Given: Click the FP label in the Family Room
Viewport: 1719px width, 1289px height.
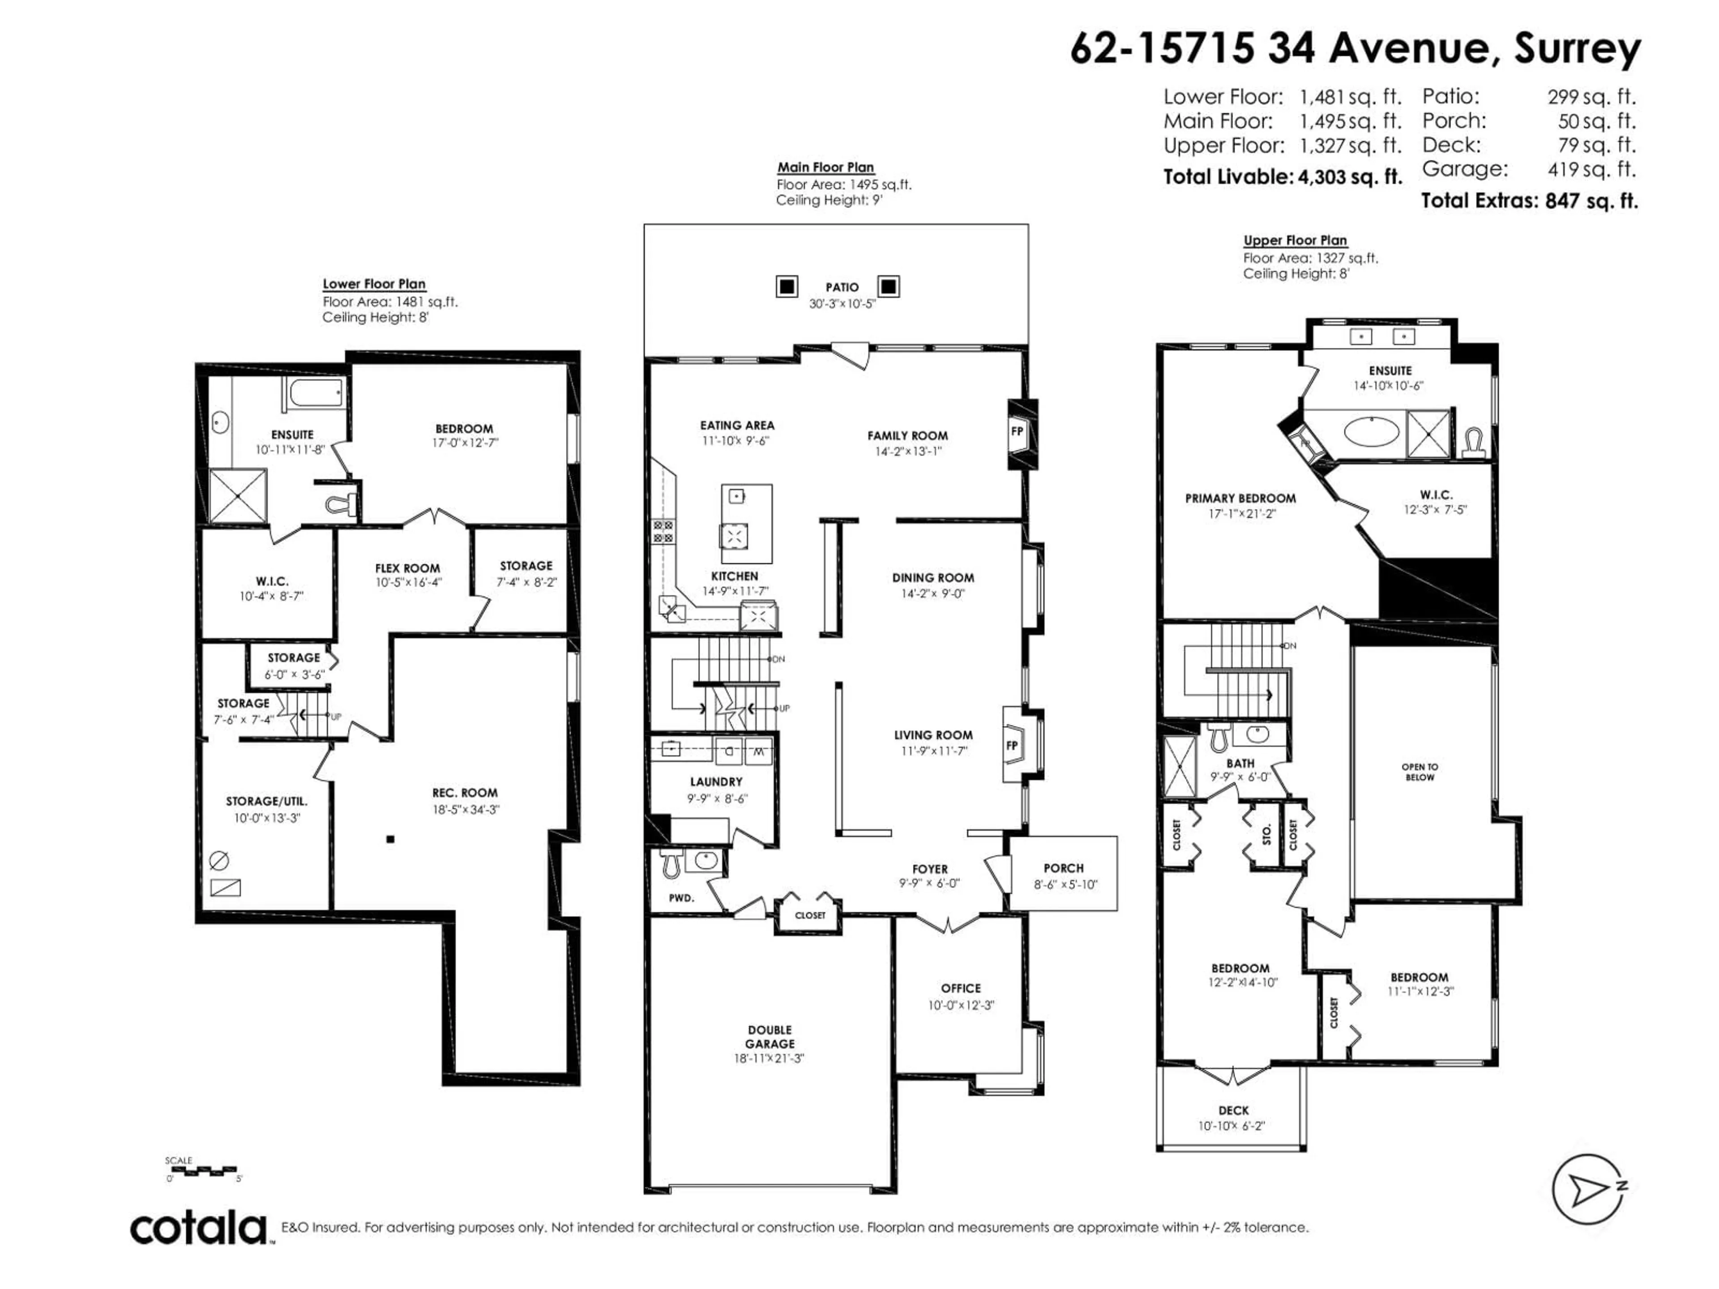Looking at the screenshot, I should coord(1017,431).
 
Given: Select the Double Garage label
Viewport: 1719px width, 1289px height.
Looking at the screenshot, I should coord(770,1037).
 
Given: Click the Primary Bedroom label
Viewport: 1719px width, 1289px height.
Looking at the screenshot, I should coord(1240,498).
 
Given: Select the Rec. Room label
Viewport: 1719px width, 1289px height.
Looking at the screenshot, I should coord(465,793).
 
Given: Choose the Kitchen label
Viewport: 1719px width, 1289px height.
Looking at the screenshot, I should coord(735,576).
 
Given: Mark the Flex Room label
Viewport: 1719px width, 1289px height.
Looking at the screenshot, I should coord(407,568).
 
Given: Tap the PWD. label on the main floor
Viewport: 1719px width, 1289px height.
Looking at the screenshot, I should coord(681,897).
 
